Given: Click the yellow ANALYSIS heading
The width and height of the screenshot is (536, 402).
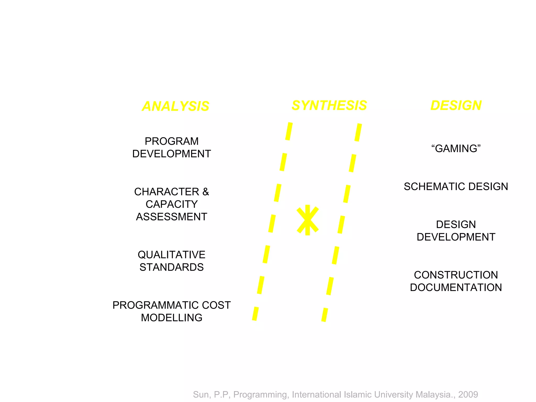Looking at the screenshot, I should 175,106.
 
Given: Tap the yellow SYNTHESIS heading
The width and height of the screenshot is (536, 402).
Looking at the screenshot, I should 329,105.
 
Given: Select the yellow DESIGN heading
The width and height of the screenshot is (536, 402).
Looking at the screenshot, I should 456,105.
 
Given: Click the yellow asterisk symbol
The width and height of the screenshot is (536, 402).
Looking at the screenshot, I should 308,220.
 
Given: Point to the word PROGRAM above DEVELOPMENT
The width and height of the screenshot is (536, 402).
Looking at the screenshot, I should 172,141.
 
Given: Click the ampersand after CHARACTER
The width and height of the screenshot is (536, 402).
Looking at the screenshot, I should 206,192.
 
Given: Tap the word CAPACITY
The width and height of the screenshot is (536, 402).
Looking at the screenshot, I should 172,204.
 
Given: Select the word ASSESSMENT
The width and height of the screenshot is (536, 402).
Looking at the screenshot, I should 172,217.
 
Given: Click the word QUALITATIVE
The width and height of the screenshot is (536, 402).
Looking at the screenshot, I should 172,255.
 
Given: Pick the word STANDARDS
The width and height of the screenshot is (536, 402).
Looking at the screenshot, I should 172,267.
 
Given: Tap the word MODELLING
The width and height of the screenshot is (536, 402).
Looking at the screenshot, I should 172,318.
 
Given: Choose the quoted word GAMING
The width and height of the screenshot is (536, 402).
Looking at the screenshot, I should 456,149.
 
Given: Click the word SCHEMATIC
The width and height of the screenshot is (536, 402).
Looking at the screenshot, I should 434,187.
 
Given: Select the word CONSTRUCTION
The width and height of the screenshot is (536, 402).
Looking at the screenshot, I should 456,275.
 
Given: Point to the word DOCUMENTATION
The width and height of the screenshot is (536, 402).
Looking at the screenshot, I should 456,288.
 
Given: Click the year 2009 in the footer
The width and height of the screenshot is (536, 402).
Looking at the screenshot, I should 468,394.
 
